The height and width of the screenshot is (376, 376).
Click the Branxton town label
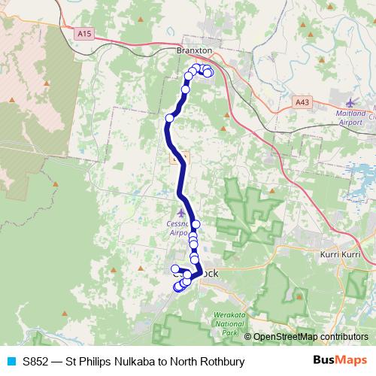point(194,50)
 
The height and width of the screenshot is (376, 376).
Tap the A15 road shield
point(83,33)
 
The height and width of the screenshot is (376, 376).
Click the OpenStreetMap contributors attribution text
point(310,337)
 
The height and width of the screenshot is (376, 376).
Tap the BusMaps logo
point(339,360)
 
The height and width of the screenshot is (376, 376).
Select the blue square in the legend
point(11,361)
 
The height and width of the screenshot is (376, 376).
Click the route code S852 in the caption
point(37,361)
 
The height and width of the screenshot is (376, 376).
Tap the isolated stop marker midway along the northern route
point(170,118)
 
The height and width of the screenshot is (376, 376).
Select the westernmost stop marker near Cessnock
point(175,269)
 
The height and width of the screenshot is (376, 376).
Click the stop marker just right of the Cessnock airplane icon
point(196,224)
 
